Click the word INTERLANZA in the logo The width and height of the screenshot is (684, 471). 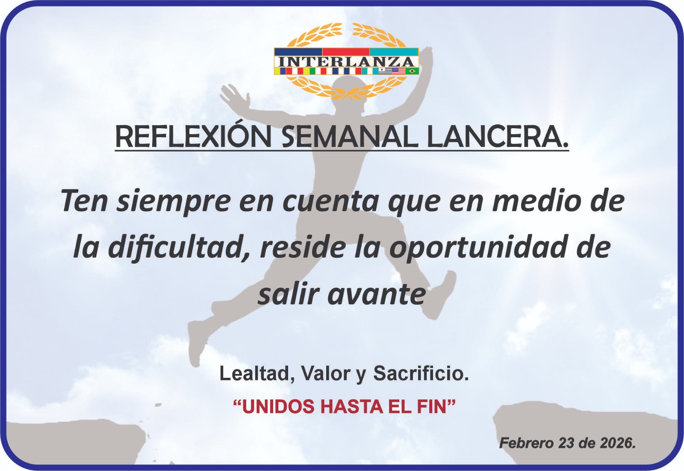tap(346, 62)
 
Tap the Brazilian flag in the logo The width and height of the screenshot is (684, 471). tap(412, 71)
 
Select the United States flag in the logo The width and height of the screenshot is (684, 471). tap(398, 71)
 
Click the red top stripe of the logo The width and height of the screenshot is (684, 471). tap(346, 52)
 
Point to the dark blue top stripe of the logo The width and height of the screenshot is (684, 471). tap(298, 52)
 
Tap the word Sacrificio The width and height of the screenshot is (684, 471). tap(421, 373)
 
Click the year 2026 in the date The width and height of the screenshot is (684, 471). tap(615, 443)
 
